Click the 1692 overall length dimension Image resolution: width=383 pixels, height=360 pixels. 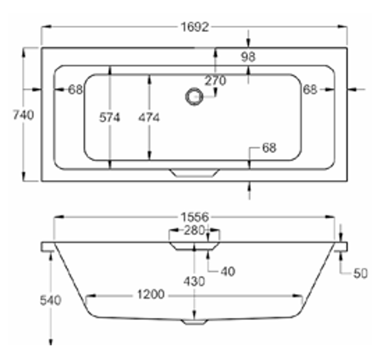pyautogui.click(x=195, y=27)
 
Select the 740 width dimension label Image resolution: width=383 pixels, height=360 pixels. pyautogui.click(x=23, y=115)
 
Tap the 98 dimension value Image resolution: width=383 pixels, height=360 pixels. pyautogui.click(x=248, y=57)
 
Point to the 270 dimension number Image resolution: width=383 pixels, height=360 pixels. pyautogui.click(x=215, y=81)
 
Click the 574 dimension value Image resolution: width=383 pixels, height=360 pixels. pyautogui.click(x=110, y=118)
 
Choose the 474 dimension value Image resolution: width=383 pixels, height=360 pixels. pyautogui.click(x=149, y=118)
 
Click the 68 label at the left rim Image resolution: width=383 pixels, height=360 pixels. pyautogui.click(x=76, y=89)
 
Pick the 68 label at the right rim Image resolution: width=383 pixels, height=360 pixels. pyautogui.click(x=310, y=89)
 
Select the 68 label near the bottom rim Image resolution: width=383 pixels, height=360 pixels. pyautogui.click(x=269, y=148)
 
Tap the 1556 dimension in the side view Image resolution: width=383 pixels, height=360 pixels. pyautogui.click(x=195, y=217)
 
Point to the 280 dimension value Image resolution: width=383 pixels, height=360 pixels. pyautogui.click(x=195, y=231)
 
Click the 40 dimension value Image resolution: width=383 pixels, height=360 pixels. pyautogui.click(x=227, y=271)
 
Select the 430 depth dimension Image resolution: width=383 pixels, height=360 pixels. pyautogui.click(x=194, y=282)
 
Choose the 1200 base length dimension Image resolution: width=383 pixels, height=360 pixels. pyautogui.click(x=151, y=295)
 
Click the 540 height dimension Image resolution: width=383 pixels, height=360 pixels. pyautogui.click(x=51, y=300)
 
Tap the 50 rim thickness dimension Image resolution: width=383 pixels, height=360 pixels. pyautogui.click(x=360, y=273)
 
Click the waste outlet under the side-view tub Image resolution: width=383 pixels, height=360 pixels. pyautogui.click(x=195, y=322)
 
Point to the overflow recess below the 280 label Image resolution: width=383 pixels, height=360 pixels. pyautogui.click(x=195, y=245)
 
